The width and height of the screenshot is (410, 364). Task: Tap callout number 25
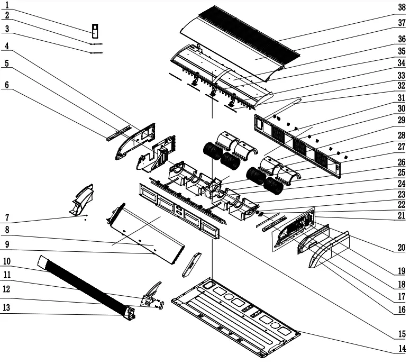[402, 172]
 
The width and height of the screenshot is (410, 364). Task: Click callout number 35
[402, 51]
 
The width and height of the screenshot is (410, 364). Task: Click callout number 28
[402, 136]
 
